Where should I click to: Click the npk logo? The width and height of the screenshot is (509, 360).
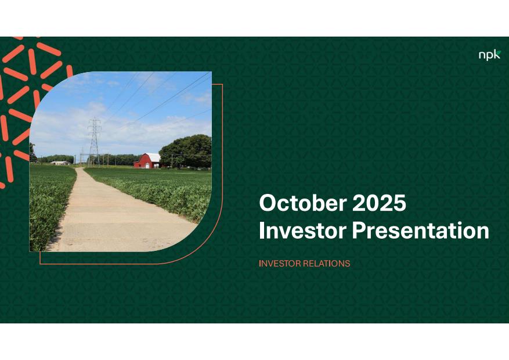[490, 55]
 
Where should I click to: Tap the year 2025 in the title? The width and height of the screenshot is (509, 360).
[379, 203]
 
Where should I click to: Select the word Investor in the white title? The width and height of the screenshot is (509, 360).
[303, 231]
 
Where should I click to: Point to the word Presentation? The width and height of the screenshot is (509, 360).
[420, 231]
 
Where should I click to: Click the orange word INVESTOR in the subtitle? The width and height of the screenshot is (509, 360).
[280, 263]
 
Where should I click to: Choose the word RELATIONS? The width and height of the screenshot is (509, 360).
[327, 263]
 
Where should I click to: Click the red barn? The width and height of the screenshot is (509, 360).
[147, 161]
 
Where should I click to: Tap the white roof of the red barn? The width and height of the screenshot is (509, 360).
[153, 157]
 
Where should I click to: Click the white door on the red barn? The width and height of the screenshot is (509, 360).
[147, 165]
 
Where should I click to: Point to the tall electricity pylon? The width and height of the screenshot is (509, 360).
[94, 142]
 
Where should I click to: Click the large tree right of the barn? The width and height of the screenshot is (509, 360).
[185, 152]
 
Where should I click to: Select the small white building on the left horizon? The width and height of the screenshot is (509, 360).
[60, 163]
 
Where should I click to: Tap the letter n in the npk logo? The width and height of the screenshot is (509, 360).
[482, 56]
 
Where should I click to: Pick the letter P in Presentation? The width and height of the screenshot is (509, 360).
[359, 231]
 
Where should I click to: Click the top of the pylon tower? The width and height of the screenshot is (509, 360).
[94, 118]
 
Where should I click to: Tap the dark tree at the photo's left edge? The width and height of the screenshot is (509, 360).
[33, 153]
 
